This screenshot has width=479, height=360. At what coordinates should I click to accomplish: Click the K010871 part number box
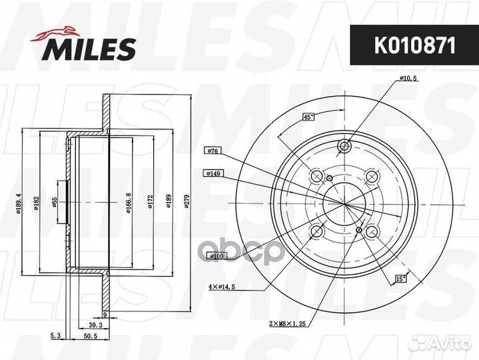[x=408, y=46]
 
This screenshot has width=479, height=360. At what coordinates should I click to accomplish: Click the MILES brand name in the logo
[x=90, y=48]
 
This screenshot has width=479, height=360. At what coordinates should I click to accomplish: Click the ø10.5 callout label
[x=408, y=78]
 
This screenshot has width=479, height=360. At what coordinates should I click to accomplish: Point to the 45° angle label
[x=308, y=117]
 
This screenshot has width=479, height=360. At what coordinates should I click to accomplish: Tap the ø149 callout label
[x=213, y=173]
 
